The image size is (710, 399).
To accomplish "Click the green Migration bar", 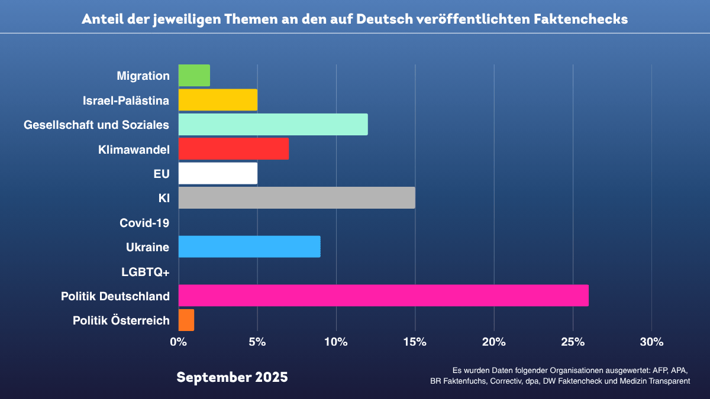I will pos(194,76).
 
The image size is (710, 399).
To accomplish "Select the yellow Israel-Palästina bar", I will pos(218,100).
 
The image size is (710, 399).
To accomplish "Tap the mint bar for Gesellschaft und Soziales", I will pos(273,125).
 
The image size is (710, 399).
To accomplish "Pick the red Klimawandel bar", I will pos(233,149).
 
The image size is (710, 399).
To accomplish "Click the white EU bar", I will pos(218,173).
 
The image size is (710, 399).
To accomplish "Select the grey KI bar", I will pos(296,198).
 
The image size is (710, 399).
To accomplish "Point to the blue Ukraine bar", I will pos(249,246).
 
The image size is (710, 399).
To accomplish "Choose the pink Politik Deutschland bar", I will pos(383,296).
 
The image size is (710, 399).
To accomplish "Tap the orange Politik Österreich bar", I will pos(186,320).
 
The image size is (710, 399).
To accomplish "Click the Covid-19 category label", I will pos(144,223).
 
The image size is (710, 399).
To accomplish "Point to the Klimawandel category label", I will pos(134,150).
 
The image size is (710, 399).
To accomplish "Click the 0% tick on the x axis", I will pos(178,342).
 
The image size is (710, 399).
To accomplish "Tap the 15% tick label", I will pos(415,342).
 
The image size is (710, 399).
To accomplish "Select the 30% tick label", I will pos(651,342).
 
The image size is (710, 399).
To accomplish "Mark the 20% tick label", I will pos(493,342).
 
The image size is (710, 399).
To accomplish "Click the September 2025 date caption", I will pos(232,377).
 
